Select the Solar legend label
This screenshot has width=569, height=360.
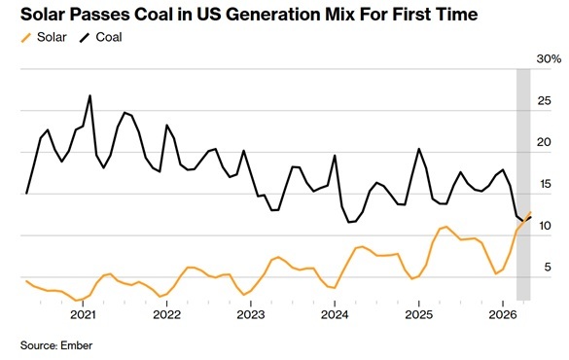click(52, 37)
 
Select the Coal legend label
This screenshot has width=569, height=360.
click(109, 37)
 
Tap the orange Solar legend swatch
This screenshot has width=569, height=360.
click(26, 37)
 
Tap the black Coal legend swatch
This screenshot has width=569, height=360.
click(85, 37)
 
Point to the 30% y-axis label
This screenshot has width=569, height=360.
click(549, 58)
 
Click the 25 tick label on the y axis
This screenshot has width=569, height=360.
click(544, 100)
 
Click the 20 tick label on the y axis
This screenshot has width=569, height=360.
click(544, 142)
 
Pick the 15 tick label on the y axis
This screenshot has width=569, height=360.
click(545, 184)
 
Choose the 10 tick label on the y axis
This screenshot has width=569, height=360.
click(545, 226)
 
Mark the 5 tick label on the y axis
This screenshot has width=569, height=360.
click(548, 268)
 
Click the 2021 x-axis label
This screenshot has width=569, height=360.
click(83, 314)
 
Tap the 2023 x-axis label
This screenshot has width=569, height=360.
click(251, 314)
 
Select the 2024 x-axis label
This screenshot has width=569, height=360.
click(335, 314)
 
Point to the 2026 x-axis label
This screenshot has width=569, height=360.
click(503, 314)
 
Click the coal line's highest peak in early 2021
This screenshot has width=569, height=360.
click(90, 95)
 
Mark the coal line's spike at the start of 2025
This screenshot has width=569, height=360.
click(419, 149)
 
